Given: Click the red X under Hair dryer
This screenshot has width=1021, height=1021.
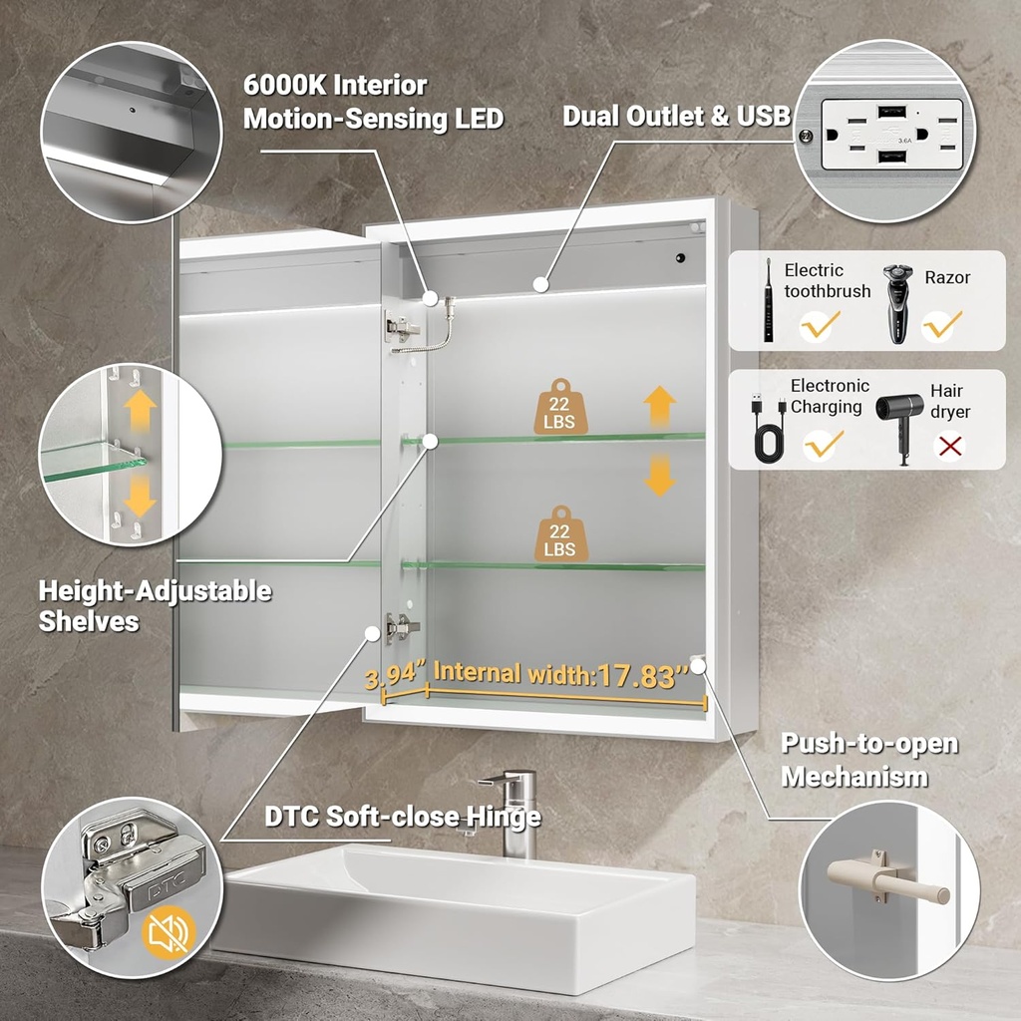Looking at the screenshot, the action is point(950,447).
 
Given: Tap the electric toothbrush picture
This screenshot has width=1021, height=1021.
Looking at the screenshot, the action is point(769,299).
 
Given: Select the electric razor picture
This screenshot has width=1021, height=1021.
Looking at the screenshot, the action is point(897,303).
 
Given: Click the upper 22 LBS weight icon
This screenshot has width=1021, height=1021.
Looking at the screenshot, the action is point(560,407).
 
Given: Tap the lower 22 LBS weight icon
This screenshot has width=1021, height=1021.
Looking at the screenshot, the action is point(560,533).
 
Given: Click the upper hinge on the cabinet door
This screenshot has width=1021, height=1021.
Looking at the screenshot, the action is point(402,326).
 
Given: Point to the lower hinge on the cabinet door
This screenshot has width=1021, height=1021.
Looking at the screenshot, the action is point(402,627).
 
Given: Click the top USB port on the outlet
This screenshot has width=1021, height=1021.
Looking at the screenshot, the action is point(890,113).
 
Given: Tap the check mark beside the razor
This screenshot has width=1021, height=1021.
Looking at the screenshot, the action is point(941,325).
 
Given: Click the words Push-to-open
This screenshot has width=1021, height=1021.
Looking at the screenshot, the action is point(869,744).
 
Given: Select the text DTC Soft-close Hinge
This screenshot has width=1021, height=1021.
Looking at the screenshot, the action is point(403,816).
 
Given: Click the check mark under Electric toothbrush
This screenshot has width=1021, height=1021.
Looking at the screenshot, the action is point(820,325).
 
